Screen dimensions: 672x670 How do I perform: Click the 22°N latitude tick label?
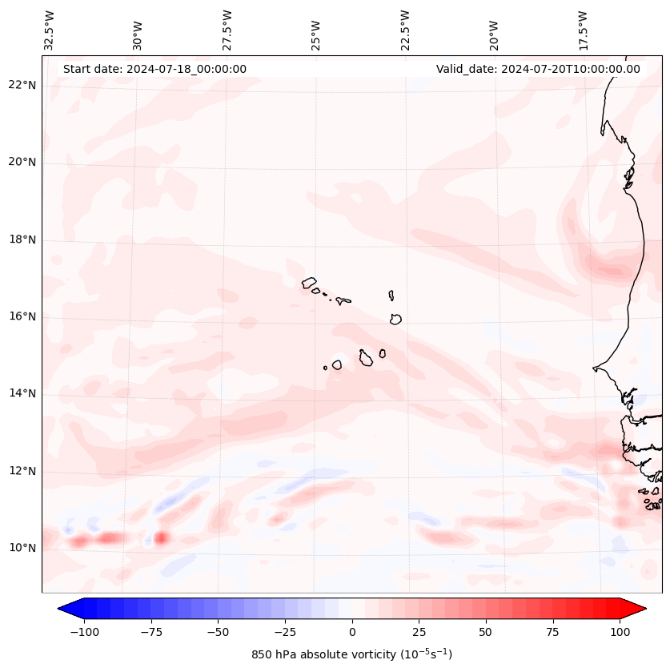(22, 85)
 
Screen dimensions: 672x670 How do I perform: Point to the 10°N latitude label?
(22, 549)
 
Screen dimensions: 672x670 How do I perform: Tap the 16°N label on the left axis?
(22, 316)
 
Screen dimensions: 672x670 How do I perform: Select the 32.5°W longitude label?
(50, 30)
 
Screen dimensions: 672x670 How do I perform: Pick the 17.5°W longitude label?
(583, 30)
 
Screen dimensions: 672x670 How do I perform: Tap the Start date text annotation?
(154, 69)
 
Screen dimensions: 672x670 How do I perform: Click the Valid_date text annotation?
(538, 69)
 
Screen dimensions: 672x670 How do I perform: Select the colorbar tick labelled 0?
(351, 632)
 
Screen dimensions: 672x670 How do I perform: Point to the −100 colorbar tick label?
(85, 632)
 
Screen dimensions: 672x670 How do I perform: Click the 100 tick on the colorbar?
(619, 632)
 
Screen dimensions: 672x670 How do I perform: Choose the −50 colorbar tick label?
(218, 632)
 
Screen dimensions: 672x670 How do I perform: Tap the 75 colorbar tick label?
(552, 632)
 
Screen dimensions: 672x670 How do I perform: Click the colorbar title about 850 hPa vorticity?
(351, 654)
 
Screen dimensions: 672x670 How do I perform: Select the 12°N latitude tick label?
(22, 471)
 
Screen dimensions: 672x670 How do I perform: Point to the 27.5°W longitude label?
(227, 30)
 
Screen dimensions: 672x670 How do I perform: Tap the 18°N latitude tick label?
(22, 239)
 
